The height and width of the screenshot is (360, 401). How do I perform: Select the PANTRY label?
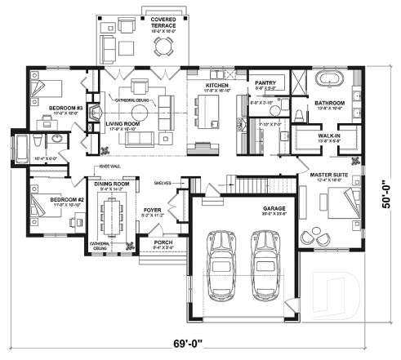265,82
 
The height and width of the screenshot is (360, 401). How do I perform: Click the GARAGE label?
274,208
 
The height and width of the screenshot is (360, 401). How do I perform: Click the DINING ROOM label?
111,184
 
